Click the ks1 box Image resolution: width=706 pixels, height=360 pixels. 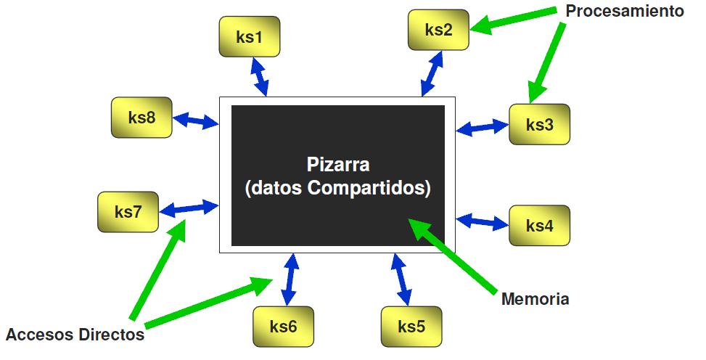(x=249, y=37)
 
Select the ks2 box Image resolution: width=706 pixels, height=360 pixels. (x=438, y=30)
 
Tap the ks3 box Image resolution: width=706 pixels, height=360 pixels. (x=539, y=124)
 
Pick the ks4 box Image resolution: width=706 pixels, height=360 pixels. (x=539, y=226)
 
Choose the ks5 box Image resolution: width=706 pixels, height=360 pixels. (x=411, y=327)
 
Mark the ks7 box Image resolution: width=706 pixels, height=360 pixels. (x=128, y=212)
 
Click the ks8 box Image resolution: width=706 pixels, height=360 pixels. (x=141, y=118)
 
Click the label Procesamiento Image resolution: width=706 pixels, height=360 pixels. (x=625, y=12)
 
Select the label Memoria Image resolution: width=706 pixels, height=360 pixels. (x=535, y=299)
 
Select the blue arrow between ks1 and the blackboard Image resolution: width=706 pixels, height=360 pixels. (x=259, y=76)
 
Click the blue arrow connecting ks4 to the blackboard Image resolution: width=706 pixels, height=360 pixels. (x=483, y=221)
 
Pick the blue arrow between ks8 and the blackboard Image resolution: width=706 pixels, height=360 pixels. (x=196, y=121)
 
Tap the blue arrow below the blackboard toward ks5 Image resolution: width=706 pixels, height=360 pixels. (x=401, y=279)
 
